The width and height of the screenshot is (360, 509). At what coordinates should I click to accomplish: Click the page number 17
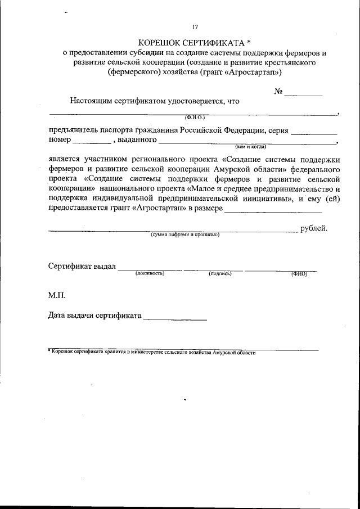pyautogui.click(x=195, y=27)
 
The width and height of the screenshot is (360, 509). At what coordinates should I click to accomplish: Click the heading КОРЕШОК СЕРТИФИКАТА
pyautogui.click(x=191, y=42)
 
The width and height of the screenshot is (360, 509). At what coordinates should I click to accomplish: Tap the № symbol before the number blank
pyautogui.click(x=278, y=92)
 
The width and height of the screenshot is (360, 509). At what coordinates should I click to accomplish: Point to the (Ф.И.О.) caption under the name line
pyautogui.click(x=195, y=117)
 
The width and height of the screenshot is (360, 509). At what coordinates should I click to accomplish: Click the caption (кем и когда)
pyautogui.click(x=250, y=146)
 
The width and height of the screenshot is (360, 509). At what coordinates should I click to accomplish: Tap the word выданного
pyautogui.click(x=136, y=140)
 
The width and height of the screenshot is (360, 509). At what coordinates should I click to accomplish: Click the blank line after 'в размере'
pyautogui.click(x=273, y=211)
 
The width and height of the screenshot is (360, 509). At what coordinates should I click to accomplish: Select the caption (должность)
pyautogui.click(x=150, y=273)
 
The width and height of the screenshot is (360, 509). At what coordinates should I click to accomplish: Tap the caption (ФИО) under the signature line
pyautogui.click(x=299, y=273)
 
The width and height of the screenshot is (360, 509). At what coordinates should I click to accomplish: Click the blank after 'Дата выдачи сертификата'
pyautogui.click(x=175, y=318)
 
